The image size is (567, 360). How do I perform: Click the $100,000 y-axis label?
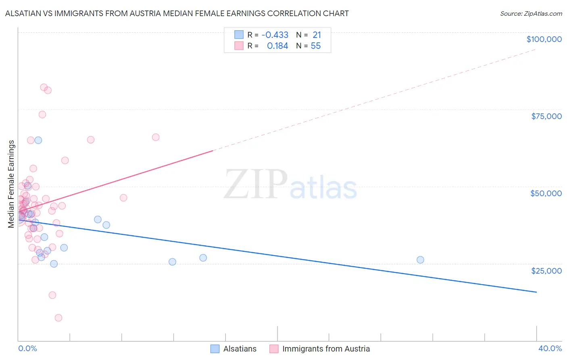(544, 39)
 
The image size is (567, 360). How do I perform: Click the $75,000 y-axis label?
(546, 116)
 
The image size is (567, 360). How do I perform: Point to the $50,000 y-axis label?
(546, 193)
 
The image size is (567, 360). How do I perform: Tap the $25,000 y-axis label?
(546, 270)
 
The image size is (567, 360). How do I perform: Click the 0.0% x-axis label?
(27, 348)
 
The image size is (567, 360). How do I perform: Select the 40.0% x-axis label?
(550, 348)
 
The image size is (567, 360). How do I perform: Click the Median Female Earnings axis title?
(11, 184)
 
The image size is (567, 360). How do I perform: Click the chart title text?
(177, 13)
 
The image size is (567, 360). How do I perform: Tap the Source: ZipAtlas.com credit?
(531, 13)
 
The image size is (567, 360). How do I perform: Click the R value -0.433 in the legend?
(275, 35)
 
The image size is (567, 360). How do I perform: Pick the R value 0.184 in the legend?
(277, 46)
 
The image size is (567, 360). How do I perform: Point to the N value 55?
(316, 46)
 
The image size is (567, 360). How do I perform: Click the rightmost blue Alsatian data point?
(420, 260)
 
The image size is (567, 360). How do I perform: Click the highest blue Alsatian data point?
(38, 140)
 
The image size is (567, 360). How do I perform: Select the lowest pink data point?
(58, 318)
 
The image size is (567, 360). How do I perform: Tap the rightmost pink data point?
(156, 137)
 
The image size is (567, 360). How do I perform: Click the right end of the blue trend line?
(536, 292)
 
